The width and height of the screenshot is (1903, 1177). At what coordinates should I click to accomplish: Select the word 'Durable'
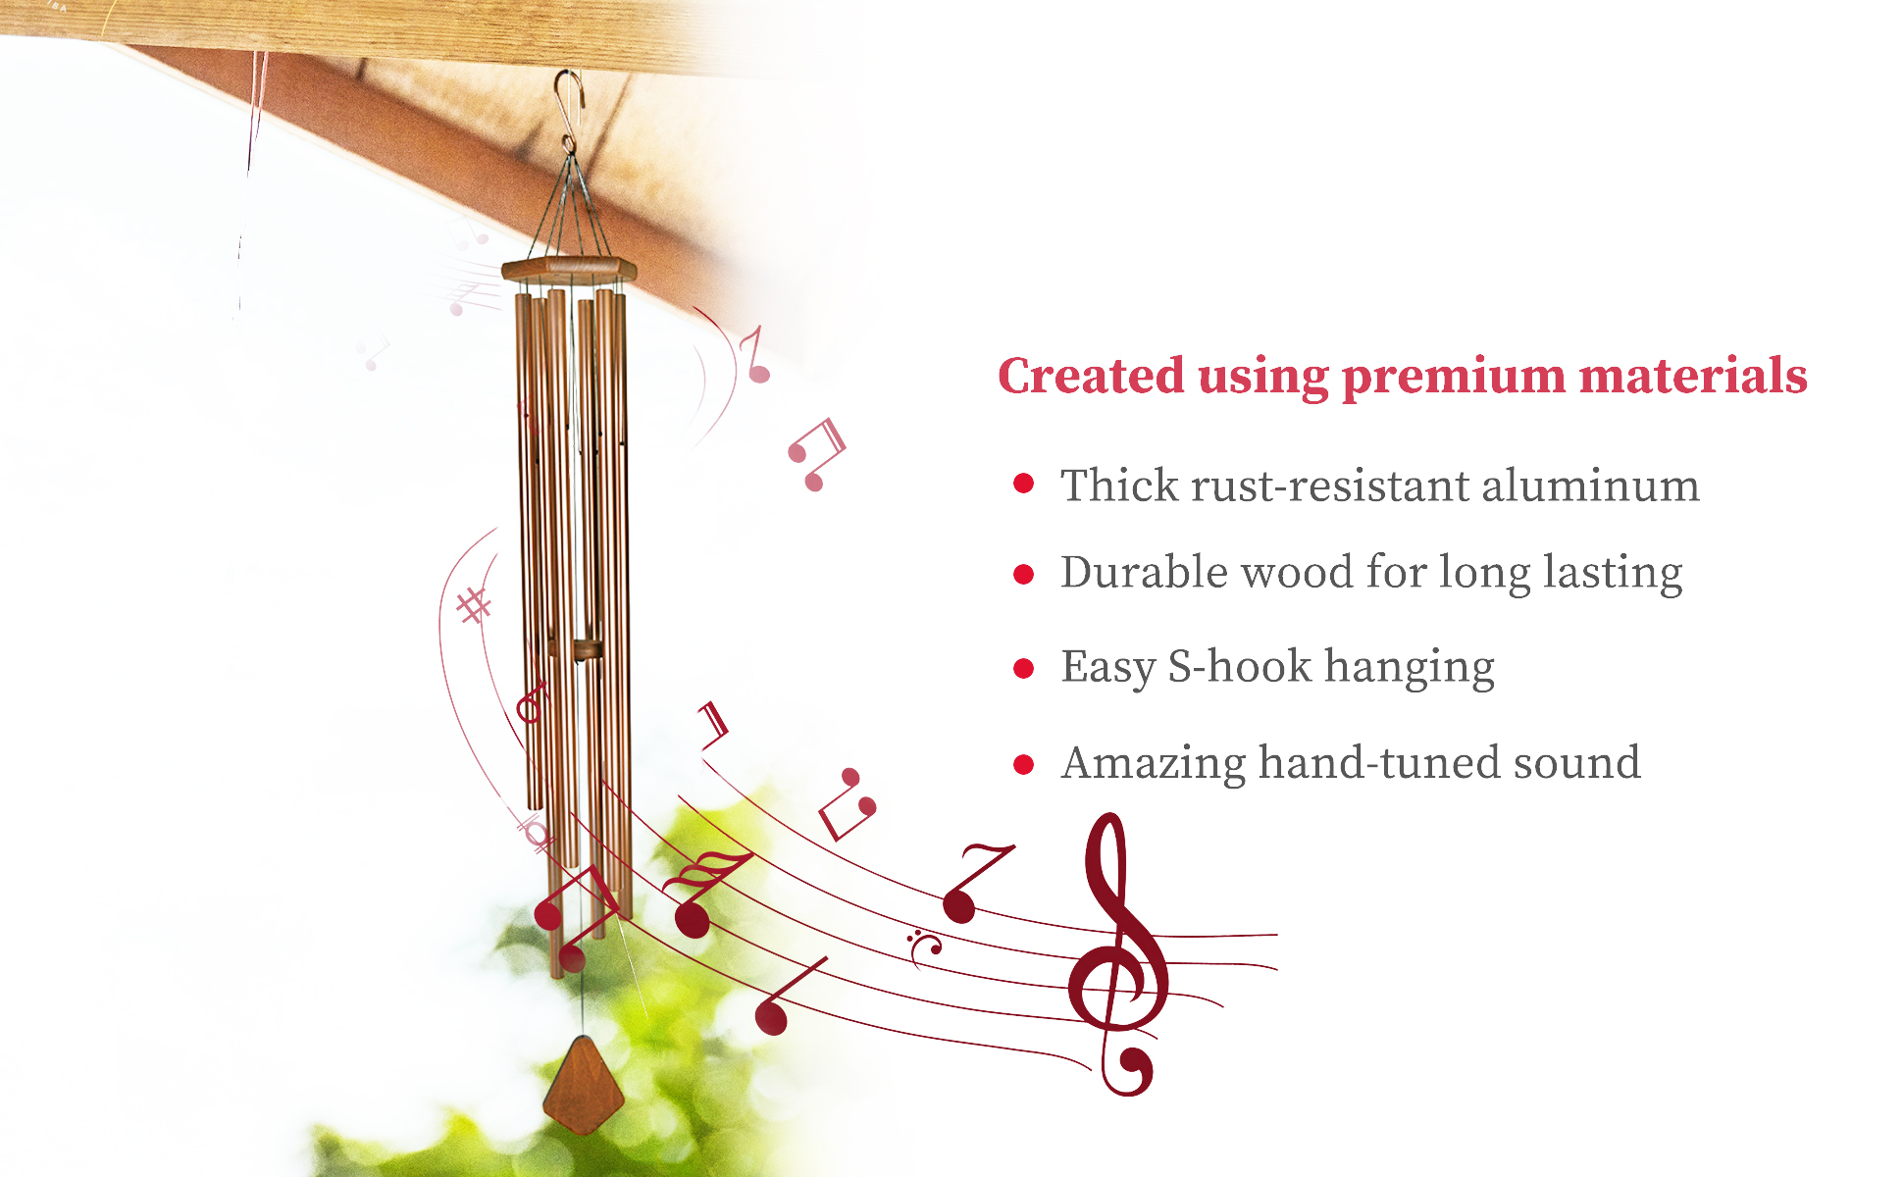click(x=1144, y=571)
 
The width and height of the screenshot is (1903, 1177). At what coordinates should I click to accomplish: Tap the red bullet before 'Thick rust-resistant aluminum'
click(x=1023, y=483)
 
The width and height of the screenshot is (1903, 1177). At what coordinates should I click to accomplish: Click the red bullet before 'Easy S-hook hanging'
click(x=1023, y=669)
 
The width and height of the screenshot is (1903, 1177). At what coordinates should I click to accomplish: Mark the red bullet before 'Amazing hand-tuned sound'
click(x=1023, y=764)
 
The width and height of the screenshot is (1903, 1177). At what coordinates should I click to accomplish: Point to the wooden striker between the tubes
click(x=589, y=649)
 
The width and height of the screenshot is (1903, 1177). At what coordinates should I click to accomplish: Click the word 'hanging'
click(x=1410, y=668)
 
